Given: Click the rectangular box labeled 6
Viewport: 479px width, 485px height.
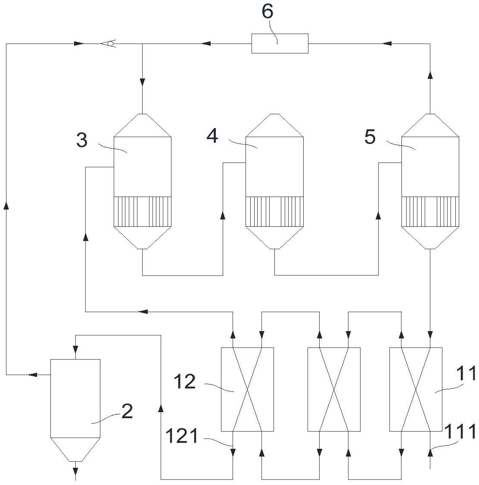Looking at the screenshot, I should coord(280,44).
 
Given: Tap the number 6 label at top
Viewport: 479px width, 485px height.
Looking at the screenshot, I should coord(267,12).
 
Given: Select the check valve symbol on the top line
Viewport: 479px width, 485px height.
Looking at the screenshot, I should coord(108,43).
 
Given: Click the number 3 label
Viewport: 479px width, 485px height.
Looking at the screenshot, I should coord(82,140).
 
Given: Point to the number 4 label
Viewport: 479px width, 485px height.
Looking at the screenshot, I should coord(212,136).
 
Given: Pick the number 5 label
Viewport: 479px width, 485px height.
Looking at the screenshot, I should coord(370,137).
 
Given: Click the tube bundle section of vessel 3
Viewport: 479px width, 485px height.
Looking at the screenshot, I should coord(142,211).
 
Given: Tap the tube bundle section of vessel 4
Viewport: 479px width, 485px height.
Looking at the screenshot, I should coord(274,211).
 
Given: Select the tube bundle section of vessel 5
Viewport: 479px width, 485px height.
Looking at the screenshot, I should coord(430,211).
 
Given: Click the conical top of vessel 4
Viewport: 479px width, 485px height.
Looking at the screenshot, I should coord(274,125).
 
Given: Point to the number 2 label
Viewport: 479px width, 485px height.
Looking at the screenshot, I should coord(127,412).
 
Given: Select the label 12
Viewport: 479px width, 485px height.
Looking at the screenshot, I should coord(185,382).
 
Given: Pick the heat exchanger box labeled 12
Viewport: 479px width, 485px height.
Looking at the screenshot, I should coord(247,389).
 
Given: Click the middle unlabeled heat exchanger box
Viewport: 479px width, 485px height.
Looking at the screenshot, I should coord(334,389).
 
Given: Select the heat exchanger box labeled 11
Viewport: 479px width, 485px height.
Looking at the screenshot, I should coord(416,389).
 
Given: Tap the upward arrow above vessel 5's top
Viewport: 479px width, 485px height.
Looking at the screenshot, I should coord(430,75).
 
